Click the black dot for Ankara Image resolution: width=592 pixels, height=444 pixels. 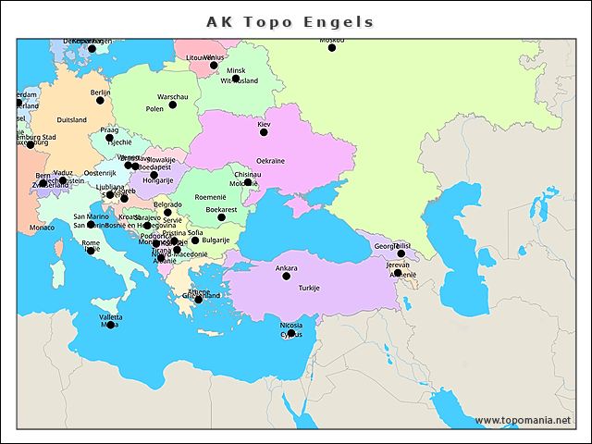pyautogui.click(x=286, y=277)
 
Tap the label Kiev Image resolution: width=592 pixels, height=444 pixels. pyautogui.click(x=264, y=124)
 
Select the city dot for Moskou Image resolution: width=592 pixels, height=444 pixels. pyautogui.click(x=331, y=47)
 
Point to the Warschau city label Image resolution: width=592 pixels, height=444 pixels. pyautogui.click(x=173, y=97)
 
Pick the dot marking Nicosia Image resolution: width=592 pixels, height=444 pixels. pyautogui.click(x=290, y=333)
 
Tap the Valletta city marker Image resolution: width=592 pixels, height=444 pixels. pyautogui.click(x=111, y=325)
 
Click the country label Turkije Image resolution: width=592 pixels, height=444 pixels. pyautogui.click(x=309, y=288)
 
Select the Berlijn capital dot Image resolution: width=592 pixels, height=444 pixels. pyautogui.click(x=101, y=100)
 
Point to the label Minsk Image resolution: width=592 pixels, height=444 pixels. pyautogui.click(x=236, y=70)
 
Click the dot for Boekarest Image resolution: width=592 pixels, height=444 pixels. pyautogui.click(x=221, y=217)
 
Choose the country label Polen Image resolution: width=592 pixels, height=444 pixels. pyautogui.click(x=154, y=108)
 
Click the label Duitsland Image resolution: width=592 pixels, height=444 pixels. pyautogui.click(x=72, y=120)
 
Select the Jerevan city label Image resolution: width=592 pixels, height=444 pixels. pyautogui.click(x=398, y=265)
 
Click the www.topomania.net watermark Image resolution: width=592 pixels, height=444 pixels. pyautogui.click(x=523, y=420)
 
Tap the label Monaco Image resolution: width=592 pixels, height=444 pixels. pyautogui.click(x=42, y=228)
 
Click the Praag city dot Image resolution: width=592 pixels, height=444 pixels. pyautogui.click(x=110, y=138)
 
